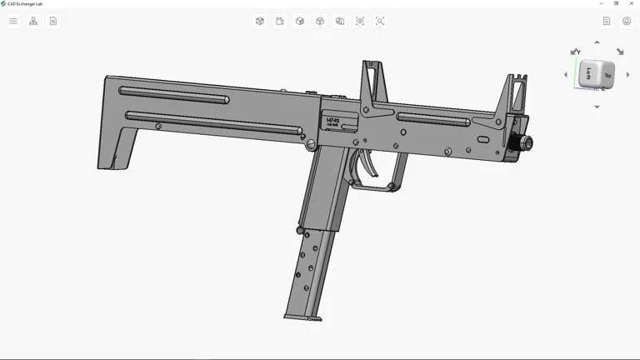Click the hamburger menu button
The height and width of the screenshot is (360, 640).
[13, 21]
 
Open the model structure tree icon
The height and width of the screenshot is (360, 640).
[33, 21]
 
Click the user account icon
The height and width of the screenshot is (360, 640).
[627, 21]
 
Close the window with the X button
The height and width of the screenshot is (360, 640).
[632, 3]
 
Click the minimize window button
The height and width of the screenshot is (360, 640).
[602, 3]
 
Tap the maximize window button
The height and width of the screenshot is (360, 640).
[617, 3]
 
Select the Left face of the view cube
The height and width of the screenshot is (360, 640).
[588, 73]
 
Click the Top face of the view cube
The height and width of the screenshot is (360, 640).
[607, 76]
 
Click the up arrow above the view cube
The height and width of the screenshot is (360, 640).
[597, 42]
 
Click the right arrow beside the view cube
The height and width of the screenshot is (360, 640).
[628, 75]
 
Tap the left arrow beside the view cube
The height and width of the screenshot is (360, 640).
[566, 75]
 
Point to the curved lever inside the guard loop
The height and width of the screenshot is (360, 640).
[366, 162]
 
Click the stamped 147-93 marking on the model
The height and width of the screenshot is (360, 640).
[332, 122]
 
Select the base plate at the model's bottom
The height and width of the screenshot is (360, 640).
[302, 317]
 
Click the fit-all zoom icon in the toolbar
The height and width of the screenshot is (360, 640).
[360, 21]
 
